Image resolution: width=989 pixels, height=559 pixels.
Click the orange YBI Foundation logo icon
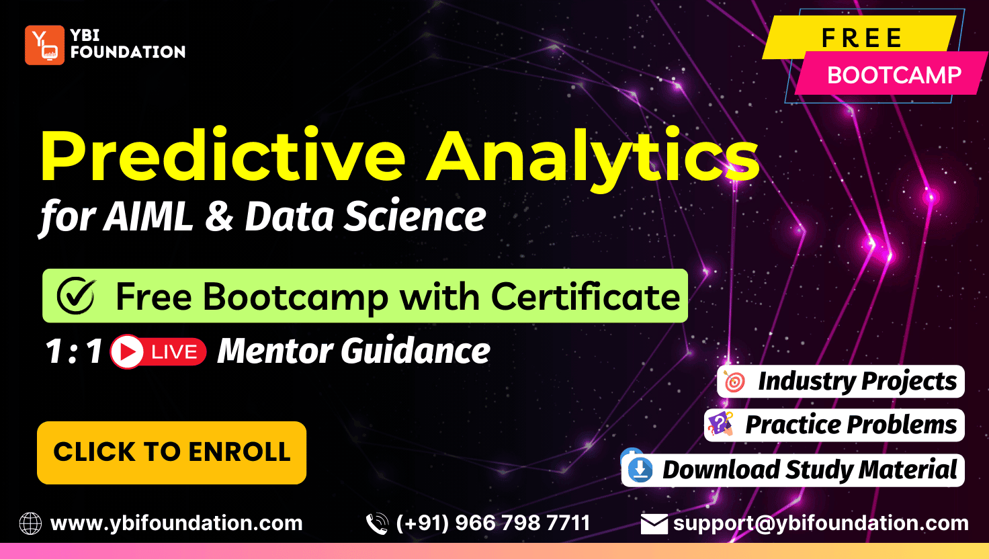44,45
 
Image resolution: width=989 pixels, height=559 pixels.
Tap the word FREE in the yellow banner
861,38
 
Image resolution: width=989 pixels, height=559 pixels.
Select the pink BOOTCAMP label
894,75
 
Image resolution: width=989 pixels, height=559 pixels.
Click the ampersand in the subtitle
218,217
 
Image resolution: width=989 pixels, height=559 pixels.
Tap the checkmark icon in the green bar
76,296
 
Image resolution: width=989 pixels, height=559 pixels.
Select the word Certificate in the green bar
585,296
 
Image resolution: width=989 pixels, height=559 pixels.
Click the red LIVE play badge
159,351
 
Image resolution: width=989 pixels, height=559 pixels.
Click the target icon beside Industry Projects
735,382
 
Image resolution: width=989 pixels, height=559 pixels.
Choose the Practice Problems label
851,425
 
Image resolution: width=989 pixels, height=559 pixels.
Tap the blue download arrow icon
640,470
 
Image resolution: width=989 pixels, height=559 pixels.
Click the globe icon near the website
30,523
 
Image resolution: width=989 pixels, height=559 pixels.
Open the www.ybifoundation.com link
176,523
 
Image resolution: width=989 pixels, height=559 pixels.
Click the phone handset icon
377,523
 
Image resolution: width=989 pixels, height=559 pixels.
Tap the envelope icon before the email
654,523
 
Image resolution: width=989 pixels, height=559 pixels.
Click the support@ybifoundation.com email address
820,523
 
